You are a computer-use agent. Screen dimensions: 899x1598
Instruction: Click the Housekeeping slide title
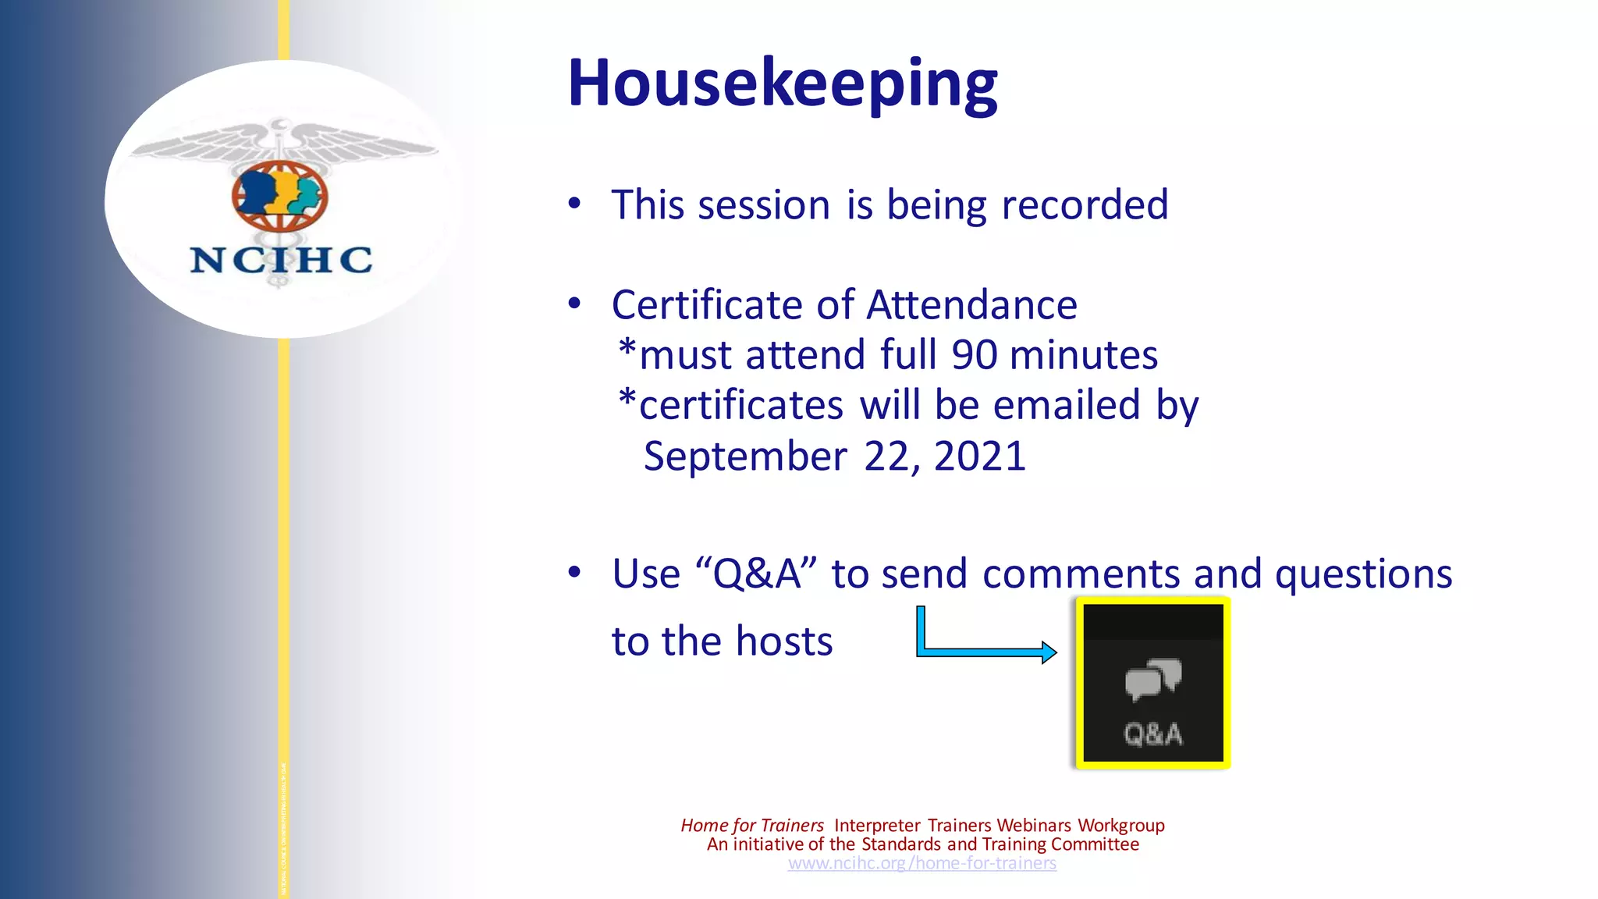coord(782,83)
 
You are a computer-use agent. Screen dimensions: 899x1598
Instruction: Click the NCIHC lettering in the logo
coord(281,260)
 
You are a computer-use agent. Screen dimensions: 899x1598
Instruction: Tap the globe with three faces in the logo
coord(279,196)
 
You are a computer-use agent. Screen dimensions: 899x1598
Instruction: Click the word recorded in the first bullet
coord(1085,205)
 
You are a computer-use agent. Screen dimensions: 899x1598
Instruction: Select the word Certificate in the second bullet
coord(707,305)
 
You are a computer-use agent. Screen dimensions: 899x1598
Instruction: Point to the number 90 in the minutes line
coord(974,355)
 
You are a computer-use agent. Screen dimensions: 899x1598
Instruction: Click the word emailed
coord(1067,405)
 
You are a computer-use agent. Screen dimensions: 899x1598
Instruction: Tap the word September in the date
coord(745,456)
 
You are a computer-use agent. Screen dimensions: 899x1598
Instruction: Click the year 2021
coord(979,456)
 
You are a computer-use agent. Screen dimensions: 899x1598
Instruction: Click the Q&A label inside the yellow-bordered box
coord(1153,734)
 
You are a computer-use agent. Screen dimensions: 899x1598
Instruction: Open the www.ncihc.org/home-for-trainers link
coord(922,863)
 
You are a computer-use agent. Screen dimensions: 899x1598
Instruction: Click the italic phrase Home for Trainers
coord(751,826)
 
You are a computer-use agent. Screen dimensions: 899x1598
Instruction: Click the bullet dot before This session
coord(574,204)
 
